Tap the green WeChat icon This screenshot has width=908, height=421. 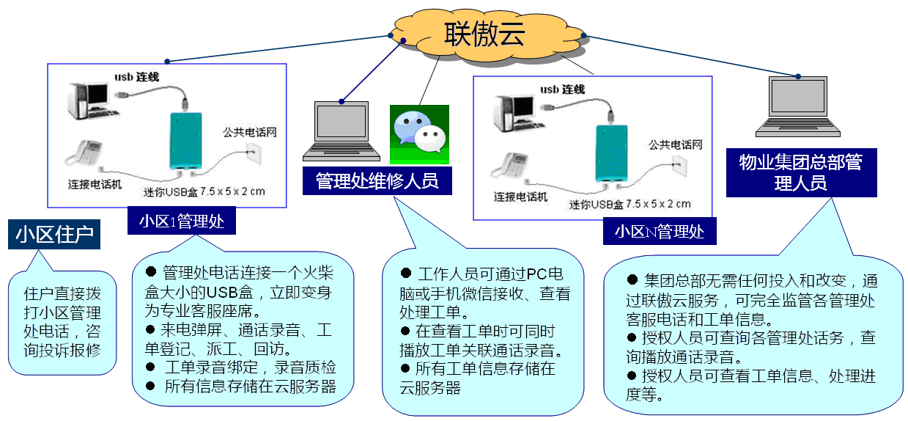click(418, 133)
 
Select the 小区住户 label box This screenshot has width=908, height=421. click(54, 235)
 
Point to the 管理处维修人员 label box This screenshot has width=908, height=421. click(377, 181)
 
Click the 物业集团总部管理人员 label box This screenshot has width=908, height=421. click(801, 172)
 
